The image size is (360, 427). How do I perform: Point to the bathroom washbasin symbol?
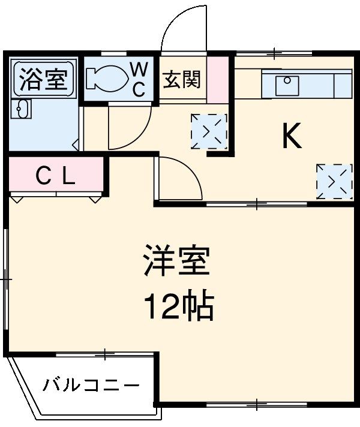22,110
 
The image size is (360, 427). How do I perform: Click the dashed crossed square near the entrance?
209,130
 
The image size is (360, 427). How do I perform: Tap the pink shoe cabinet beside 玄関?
218,79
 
